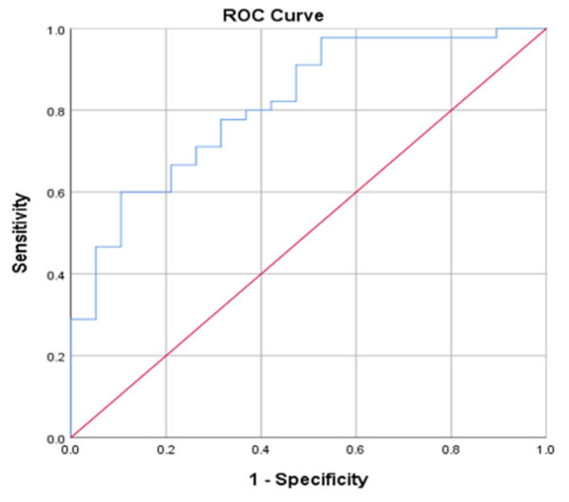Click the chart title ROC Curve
tap(273, 15)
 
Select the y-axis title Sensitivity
tap(20, 233)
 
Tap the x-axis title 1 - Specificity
tap(308, 479)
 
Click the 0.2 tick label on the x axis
tap(166, 449)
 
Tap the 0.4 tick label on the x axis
tap(261, 449)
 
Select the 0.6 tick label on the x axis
tap(356, 449)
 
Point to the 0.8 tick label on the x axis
tap(451, 449)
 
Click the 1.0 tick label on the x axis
tap(546, 449)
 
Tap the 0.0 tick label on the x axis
tap(71, 449)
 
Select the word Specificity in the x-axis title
tap(321, 479)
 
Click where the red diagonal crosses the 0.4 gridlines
tap(261, 274)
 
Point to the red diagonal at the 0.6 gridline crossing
tap(356, 192)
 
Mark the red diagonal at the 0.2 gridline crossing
tap(166, 356)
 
